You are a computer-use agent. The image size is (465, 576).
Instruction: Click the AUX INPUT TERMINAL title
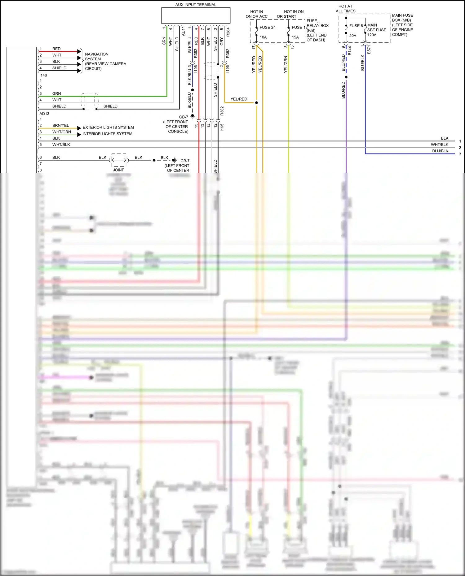(196, 5)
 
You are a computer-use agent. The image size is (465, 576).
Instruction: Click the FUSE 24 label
(267, 28)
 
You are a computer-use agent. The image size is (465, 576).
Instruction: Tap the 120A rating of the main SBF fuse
(372, 35)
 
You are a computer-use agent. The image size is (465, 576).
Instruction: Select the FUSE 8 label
(356, 26)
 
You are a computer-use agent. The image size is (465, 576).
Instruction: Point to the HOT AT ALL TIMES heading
(345, 9)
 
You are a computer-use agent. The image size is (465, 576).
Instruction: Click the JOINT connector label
(118, 170)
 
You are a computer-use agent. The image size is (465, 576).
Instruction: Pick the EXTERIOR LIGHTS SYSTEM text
(108, 128)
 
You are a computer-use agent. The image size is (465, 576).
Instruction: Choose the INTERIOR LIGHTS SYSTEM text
(107, 134)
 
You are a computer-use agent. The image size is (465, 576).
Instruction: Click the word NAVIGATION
(97, 54)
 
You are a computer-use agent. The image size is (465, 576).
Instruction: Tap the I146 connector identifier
(43, 75)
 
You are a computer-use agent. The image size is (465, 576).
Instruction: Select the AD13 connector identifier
(44, 114)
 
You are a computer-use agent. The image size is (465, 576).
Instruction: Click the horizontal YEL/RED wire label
(239, 99)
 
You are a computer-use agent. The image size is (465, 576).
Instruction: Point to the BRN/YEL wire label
(60, 125)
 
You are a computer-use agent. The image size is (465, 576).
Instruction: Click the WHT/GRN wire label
(61, 132)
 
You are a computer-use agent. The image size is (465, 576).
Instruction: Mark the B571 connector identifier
(369, 50)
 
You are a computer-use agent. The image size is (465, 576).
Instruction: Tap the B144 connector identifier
(350, 50)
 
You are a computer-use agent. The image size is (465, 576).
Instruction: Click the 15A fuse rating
(295, 37)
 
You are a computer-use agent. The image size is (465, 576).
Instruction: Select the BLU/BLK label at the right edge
(440, 151)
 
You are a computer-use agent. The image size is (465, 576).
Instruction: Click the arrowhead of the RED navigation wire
(79, 52)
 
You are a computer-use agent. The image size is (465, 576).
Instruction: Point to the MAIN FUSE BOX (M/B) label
(402, 18)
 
